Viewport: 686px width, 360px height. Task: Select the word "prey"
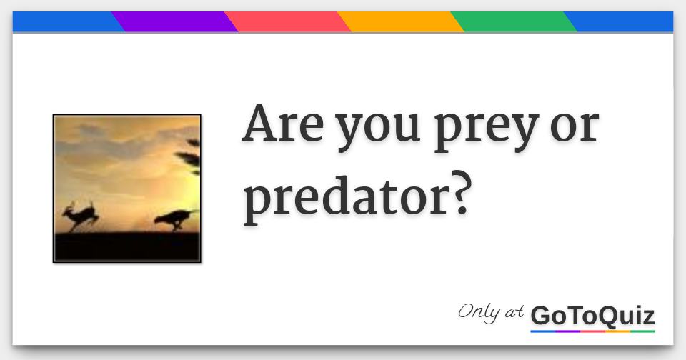pyautogui.click(x=486, y=129)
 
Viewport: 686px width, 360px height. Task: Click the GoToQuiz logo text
pyautogui.click(x=593, y=316)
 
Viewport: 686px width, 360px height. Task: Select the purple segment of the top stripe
pyautogui.click(x=174, y=21)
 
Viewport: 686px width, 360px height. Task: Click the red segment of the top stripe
pyautogui.click(x=287, y=21)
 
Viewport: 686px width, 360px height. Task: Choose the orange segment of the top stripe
pyautogui.click(x=400, y=21)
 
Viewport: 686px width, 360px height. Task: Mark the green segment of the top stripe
pyautogui.click(x=514, y=21)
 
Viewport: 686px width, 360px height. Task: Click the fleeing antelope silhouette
pyautogui.click(x=81, y=216)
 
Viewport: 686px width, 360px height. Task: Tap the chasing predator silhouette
pyautogui.click(x=175, y=219)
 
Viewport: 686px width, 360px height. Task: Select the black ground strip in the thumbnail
pyautogui.click(x=127, y=246)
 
